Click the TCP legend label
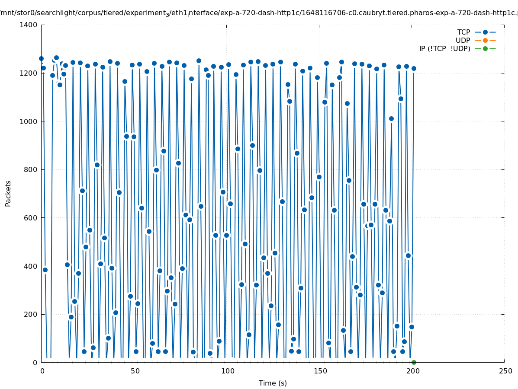click(463, 32)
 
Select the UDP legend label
click(463, 40)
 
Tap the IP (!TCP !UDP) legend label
click(444, 48)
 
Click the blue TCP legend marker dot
click(485, 32)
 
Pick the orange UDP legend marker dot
click(485, 40)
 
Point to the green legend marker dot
click(485, 48)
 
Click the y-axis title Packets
click(8, 193)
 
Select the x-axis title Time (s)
click(273, 383)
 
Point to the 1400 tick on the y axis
click(28, 25)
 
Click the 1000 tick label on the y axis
click(28, 121)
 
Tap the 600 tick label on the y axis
click(30, 218)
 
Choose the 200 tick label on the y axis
click(30, 314)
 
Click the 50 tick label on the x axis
click(135, 371)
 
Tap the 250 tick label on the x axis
click(505, 371)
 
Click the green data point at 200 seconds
click(414, 362)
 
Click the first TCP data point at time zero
click(41, 58)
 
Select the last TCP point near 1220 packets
click(414, 68)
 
